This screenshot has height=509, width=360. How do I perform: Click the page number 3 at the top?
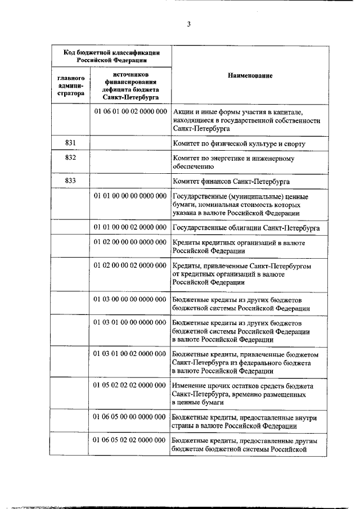coord(189,24)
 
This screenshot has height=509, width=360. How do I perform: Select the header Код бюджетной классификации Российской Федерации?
coord(109,56)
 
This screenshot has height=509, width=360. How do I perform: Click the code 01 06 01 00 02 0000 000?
coord(129,111)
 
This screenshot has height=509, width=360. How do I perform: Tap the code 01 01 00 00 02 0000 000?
coord(129,227)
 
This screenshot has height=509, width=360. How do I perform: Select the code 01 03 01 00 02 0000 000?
coord(129,354)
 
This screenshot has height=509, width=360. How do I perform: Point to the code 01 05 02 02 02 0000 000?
coord(129,385)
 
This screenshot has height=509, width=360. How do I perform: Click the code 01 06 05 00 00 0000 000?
coord(129,417)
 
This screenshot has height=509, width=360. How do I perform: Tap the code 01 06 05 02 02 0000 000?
coord(129,440)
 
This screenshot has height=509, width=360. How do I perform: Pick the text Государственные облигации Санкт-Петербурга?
coord(246,228)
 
